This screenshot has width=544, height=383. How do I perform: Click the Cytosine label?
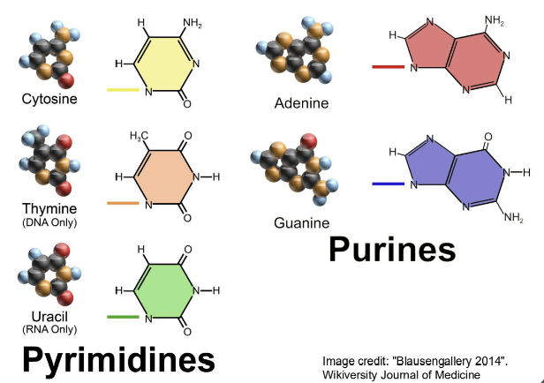49,99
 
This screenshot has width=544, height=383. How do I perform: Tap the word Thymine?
49,208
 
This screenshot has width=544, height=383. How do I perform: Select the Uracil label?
49,316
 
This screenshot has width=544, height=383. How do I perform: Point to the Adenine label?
301,103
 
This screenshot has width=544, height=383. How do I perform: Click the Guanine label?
301,222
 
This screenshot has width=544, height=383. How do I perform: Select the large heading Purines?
392,250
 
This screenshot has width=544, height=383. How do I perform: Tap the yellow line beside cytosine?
123,89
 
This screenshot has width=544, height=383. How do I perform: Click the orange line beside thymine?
123,204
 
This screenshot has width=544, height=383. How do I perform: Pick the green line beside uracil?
123,316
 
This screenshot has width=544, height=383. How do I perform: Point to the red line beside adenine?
388,65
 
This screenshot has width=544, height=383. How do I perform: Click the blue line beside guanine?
388,184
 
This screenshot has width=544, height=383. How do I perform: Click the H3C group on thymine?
139,135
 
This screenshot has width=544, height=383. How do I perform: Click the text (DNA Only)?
49,222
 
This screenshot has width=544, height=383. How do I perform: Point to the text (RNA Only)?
49,329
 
